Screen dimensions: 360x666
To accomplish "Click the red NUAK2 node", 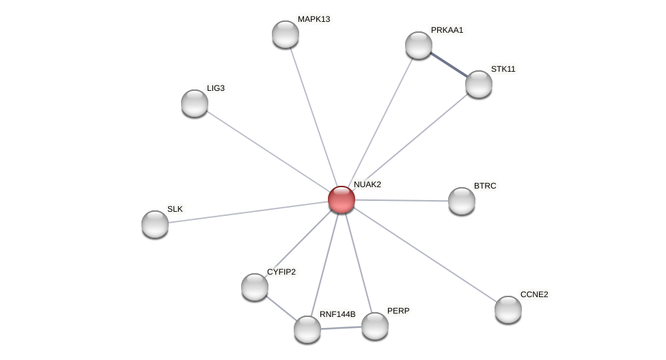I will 342,199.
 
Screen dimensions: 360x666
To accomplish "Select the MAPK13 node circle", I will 286,34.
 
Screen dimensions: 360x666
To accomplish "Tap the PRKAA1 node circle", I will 419,45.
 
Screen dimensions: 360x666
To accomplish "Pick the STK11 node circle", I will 479,84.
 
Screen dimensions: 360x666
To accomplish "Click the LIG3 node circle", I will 195,103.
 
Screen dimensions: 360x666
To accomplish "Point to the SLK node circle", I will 155,224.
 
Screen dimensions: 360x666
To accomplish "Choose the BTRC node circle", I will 462,201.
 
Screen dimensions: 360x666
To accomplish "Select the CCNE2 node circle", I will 508,309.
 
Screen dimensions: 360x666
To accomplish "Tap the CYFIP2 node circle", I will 255,287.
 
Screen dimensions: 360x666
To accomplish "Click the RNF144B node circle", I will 307,329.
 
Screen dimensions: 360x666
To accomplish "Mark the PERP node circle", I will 375,326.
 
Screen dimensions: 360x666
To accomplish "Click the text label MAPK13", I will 314,19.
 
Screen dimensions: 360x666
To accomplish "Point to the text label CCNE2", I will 534,294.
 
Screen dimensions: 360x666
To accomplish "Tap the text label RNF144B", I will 337,314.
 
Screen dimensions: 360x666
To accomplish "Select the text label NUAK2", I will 367,184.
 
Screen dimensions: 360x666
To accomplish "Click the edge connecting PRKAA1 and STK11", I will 449,64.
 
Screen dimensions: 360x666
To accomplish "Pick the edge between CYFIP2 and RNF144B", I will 281,308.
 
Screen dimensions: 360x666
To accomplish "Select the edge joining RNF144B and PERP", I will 341,328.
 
